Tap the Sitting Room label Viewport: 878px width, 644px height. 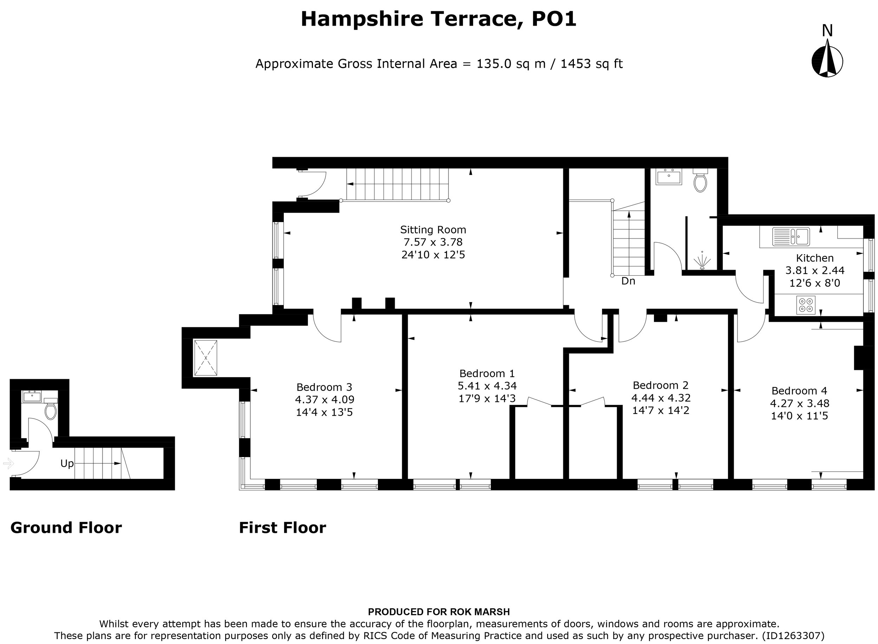(x=433, y=230)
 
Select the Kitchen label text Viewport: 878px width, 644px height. (x=815, y=258)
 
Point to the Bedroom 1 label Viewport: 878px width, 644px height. (x=487, y=374)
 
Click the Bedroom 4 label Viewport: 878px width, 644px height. (x=799, y=391)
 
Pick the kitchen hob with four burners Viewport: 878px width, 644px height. (x=806, y=305)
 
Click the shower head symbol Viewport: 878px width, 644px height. (x=702, y=260)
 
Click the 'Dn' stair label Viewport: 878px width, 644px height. (x=628, y=281)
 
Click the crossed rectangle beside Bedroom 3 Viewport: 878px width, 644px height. (x=205, y=358)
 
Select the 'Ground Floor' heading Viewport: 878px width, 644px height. (x=66, y=528)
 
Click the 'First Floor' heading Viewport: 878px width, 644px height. (x=282, y=528)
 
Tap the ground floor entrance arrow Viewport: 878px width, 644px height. (x=8, y=463)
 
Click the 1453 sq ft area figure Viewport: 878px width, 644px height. (x=591, y=63)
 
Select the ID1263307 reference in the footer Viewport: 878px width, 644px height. (x=793, y=636)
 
